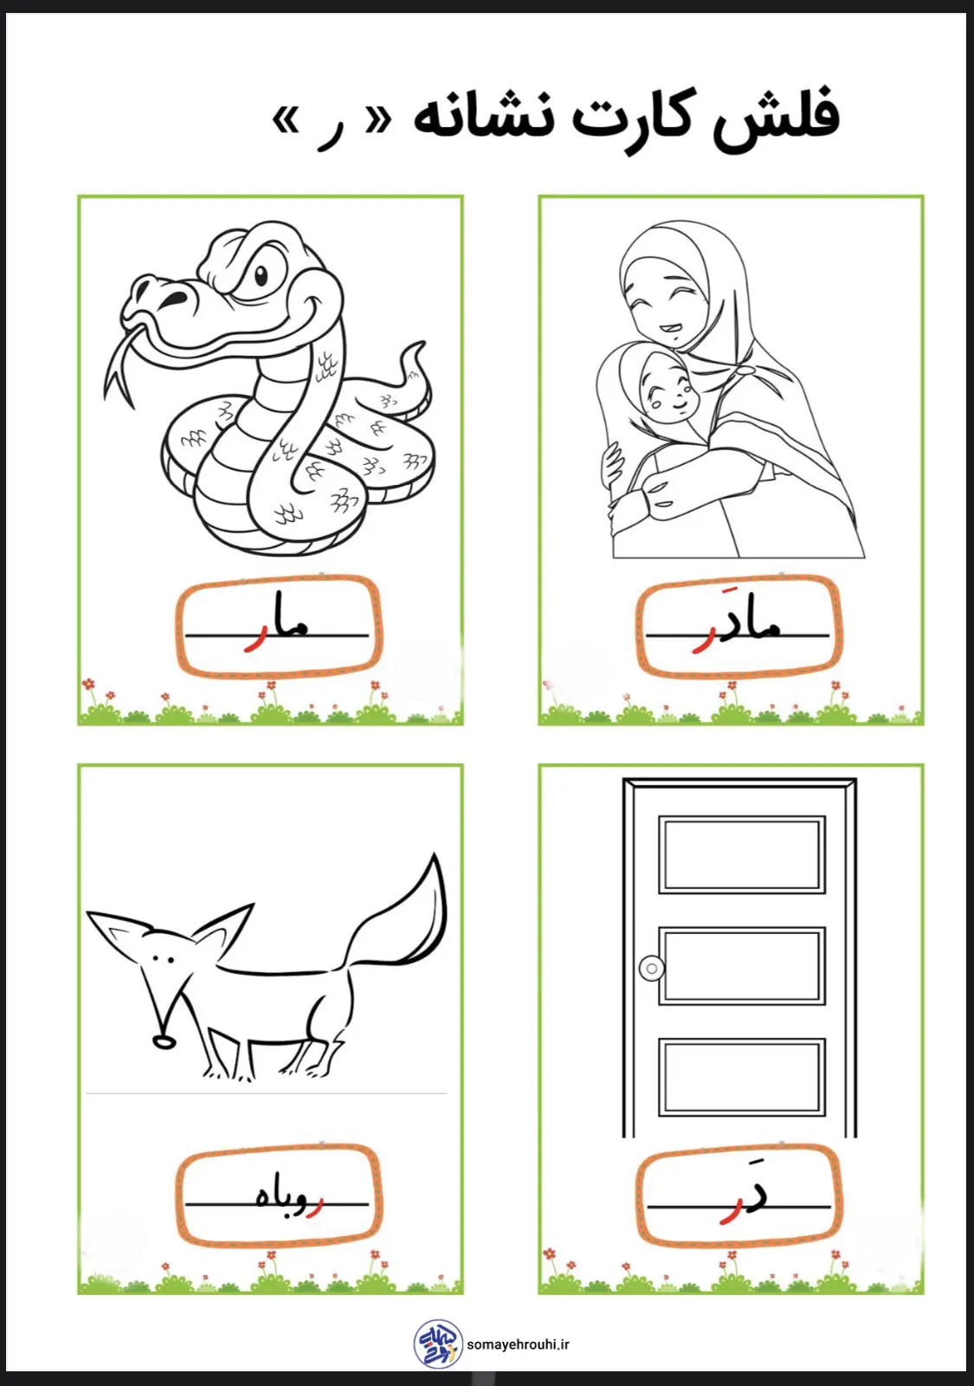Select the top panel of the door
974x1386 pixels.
point(742,854)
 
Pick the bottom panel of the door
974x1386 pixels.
point(742,1077)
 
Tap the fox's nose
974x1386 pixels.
point(164,1042)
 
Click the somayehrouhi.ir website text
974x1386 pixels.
point(518,1344)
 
